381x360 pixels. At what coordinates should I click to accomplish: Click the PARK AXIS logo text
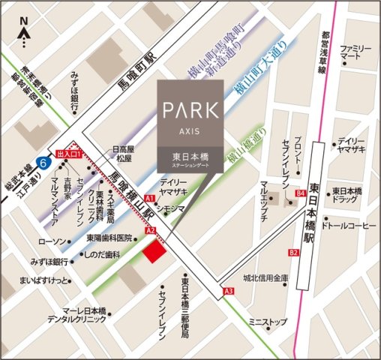tap(190, 111)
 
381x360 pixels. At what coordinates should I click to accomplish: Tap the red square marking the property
tap(154, 252)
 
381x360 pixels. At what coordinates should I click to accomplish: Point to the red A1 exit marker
tap(149, 198)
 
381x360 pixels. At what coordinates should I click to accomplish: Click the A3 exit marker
tap(228, 290)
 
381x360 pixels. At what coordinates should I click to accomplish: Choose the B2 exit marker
tap(293, 253)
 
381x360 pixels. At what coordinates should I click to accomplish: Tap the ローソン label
tap(52, 241)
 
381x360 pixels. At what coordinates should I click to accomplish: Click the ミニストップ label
tap(268, 322)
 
